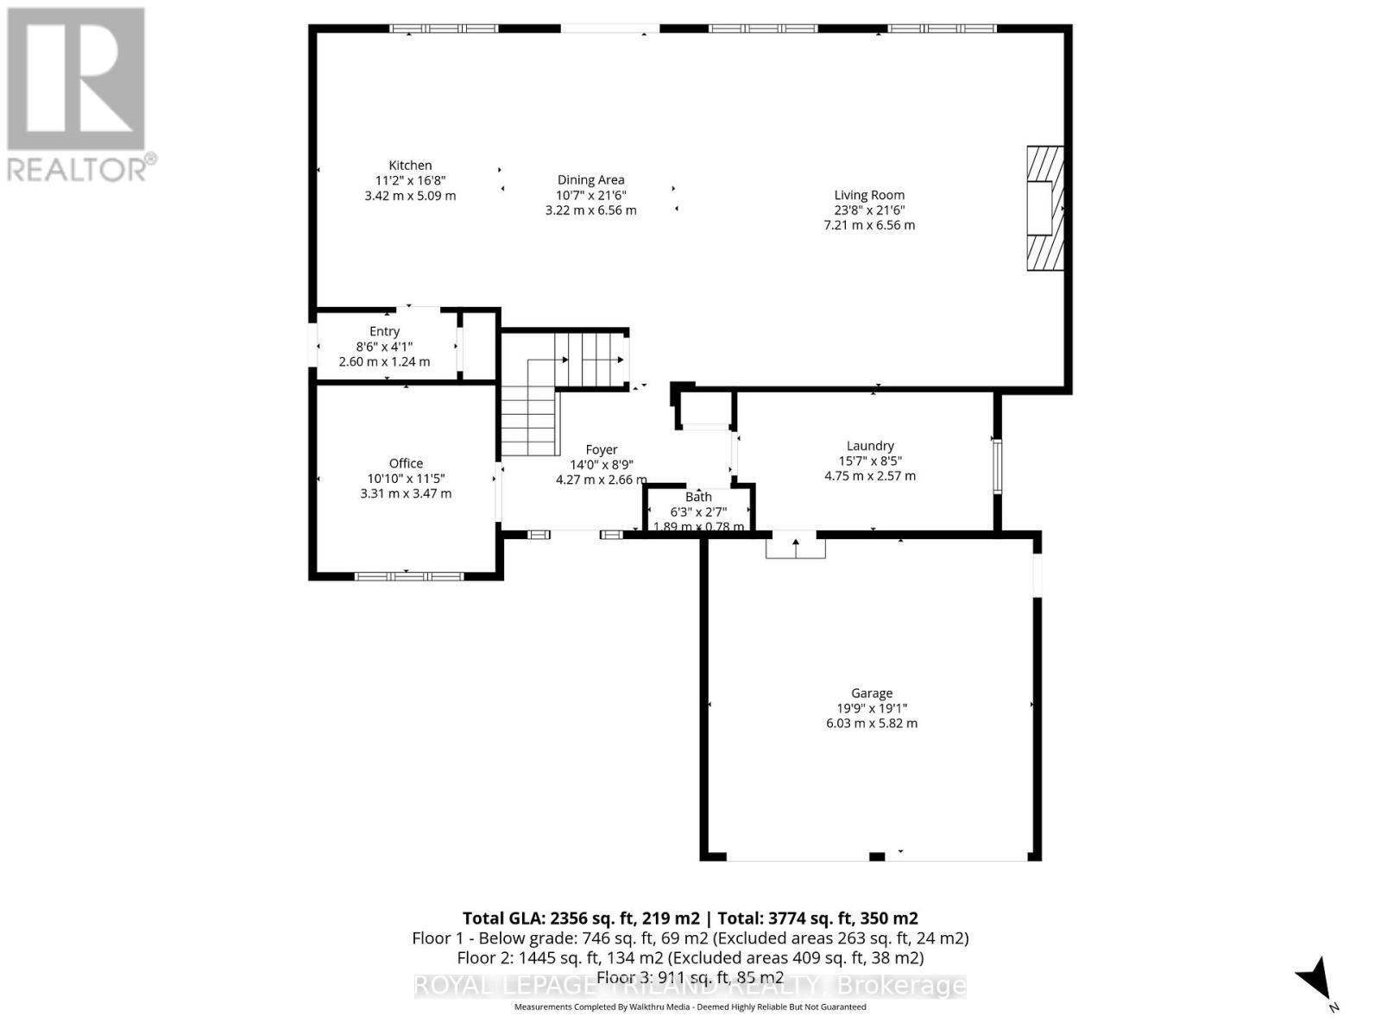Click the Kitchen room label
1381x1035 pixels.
pos(410,166)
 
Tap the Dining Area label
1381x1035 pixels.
pos(590,180)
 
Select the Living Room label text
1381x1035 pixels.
pos(869,195)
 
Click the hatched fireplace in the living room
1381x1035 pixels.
pos(1044,208)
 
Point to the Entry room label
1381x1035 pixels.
pos(384,331)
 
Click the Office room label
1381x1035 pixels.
pos(406,463)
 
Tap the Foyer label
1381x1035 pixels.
pos(601,449)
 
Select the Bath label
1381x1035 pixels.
pos(698,497)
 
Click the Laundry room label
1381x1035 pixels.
pos(869,446)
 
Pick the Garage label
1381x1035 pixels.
pos(871,693)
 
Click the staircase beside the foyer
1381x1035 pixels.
pos(552,388)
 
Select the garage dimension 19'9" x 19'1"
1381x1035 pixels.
pos(871,708)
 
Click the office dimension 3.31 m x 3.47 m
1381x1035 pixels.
pos(406,493)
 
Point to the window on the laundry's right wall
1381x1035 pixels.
pos(997,467)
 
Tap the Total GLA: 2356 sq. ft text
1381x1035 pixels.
pos(581,918)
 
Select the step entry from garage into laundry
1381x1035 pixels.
pos(795,546)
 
